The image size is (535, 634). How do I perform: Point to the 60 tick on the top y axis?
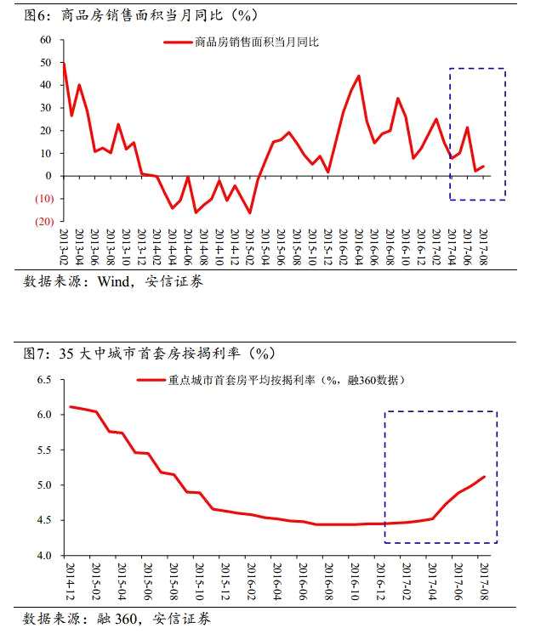(x=45, y=40)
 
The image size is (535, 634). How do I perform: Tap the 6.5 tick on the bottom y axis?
(x=44, y=380)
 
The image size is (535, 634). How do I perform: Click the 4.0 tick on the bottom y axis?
(x=44, y=556)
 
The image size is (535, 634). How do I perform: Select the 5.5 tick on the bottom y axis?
(x=44, y=450)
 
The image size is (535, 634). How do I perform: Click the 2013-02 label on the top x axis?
(x=65, y=243)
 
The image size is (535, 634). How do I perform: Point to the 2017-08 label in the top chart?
(x=482, y=243)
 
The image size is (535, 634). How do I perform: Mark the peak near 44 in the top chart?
(x=358, y=76)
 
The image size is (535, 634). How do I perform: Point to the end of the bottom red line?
(x=485, y=477)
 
